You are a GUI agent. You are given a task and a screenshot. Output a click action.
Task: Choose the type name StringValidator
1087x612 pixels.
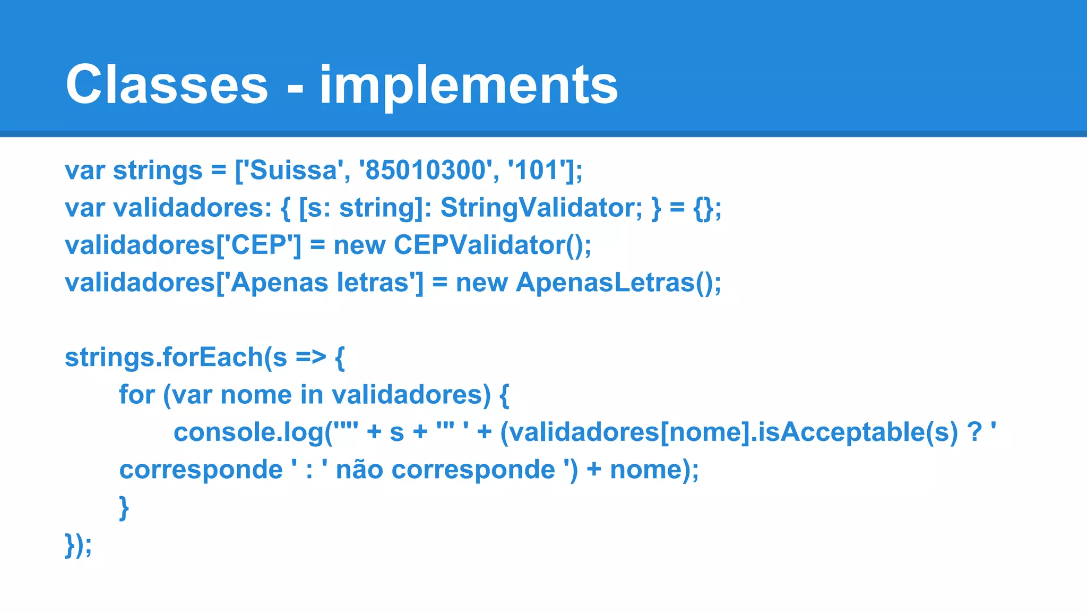[x=541, y=208]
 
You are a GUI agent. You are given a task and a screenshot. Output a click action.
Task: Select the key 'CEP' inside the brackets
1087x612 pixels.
[x=258, y=245]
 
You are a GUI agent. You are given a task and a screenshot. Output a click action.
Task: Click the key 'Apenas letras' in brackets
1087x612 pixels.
[x=320, y=283]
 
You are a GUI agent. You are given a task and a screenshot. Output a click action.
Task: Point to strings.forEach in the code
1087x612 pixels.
[x=163, y=358]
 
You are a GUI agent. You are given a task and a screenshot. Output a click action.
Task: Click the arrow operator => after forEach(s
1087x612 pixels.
[x=310, y=358]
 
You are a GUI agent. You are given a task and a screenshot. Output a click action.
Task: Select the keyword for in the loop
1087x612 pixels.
[x=136, y=395]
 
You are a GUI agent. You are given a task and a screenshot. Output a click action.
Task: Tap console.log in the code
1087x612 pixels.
[x=248, y=432]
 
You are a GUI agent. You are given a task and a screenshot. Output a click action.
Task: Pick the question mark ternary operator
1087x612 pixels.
[x=974, y=432]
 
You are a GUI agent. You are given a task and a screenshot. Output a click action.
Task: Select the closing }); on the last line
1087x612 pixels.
[x=78, y=545]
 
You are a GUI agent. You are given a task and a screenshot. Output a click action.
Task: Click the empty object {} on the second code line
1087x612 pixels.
[x=703, y=208]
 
